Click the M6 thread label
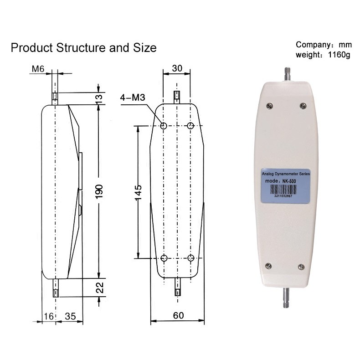tap(38, 69)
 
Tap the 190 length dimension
tap(99, 191)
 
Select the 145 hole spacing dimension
tap(138, 192)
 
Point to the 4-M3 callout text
tap(133, 98)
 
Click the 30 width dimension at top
tap(177, 68)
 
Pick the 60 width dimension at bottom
tap(178, 315)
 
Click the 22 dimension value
tap(100, 288)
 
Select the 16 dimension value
tap(48, 316)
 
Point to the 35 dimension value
tap(70, 316)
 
